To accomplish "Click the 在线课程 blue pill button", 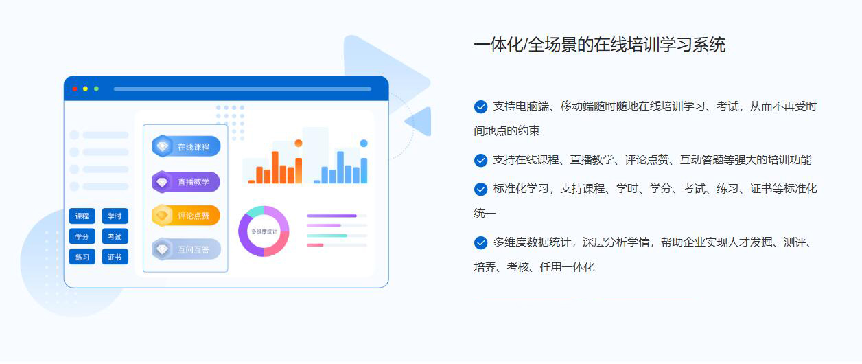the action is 186,146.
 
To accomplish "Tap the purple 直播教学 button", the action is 186,182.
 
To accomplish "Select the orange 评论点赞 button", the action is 186,216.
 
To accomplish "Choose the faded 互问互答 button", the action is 186,249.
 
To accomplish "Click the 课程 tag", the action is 82,216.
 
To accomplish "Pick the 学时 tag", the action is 115,216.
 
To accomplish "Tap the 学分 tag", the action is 82,236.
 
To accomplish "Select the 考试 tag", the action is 115,236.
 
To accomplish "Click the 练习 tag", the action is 82,257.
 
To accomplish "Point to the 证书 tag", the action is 115,257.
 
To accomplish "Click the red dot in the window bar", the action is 75,89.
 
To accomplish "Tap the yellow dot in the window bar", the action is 85,89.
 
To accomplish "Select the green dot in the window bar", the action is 96,89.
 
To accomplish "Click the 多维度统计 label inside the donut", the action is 264,231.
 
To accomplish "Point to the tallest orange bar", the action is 275,167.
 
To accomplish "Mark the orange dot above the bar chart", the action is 299,144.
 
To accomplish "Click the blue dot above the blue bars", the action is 364,144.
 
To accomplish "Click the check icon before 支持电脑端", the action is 480,106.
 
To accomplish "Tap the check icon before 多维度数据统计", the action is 480,242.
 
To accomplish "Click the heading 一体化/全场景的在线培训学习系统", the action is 600,45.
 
